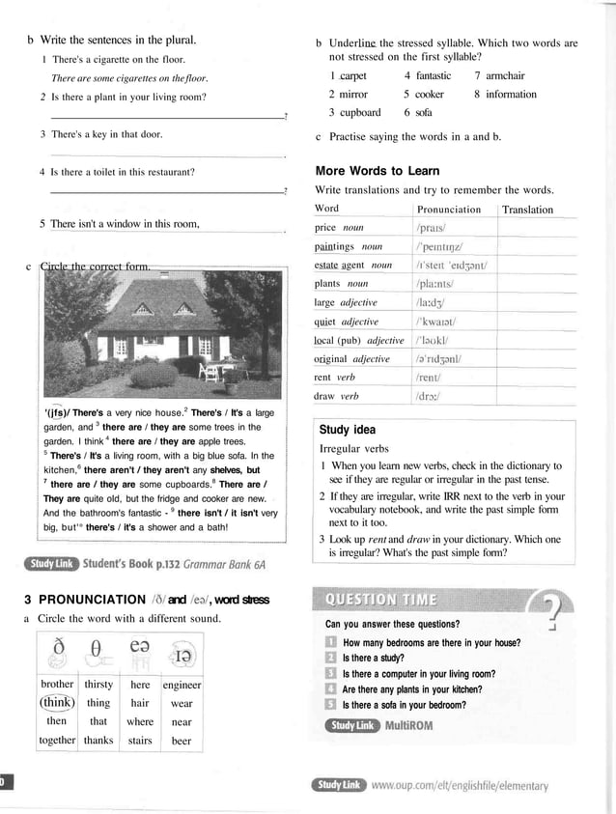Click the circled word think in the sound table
pos(57,703)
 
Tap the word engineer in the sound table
pos(182,685)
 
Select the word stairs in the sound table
pos(140,741)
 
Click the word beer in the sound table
pos(182,741)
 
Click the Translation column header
pos(527,210)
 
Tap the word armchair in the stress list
pos(505,75)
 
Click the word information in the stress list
pos(511,94)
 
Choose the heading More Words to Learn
pos(378,171)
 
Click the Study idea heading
pos(347,430)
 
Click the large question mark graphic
pos(554,611)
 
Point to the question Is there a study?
pos(376,658)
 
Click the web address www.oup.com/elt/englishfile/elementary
pos(459,785)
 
